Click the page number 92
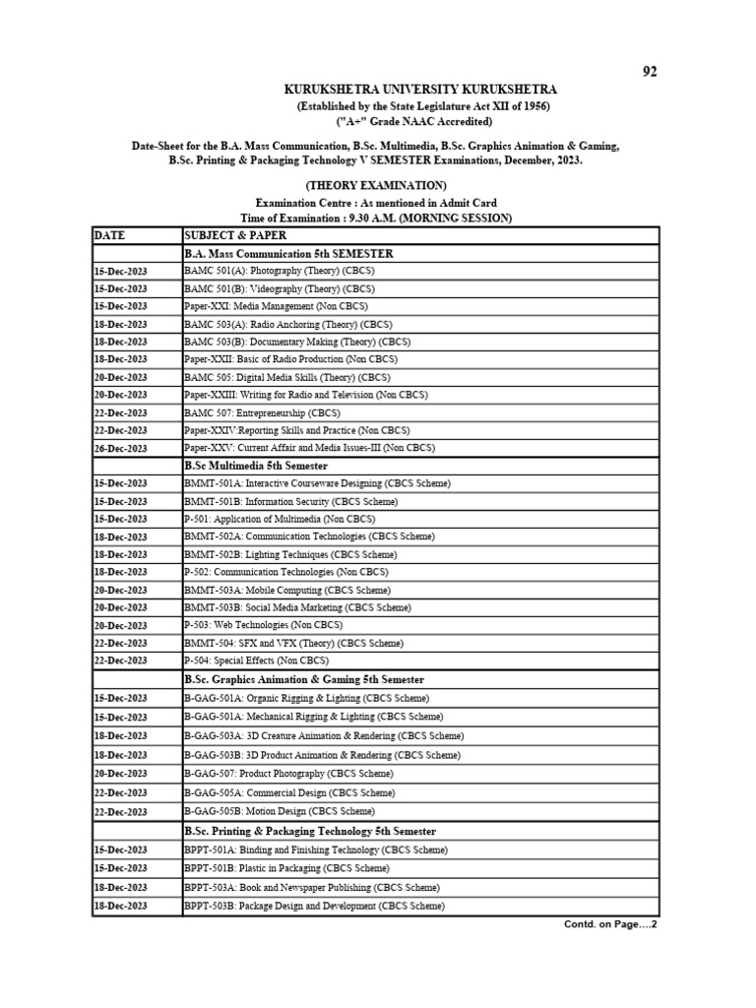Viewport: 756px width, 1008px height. pos(649,71)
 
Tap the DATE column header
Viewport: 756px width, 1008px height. pos(112,235)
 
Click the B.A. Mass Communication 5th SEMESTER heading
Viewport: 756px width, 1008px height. pos(288,253)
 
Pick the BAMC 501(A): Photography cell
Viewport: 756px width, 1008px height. pos(279,271)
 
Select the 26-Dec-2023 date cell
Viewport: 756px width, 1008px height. pos(120,448)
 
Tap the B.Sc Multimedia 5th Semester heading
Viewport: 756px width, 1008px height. pos(256,466)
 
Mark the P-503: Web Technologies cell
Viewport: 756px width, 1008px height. pos(263,625)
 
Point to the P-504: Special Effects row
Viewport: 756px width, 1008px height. pos(260,661)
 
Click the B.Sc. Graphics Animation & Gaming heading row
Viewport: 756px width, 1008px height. pos(304,679)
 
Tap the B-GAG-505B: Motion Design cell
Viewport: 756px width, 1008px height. pos(279,811)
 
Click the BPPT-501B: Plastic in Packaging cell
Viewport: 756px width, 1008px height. pos(286,868)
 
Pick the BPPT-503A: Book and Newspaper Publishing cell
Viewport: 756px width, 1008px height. pos(312,887)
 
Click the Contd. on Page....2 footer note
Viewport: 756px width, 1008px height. pos(609,925)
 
